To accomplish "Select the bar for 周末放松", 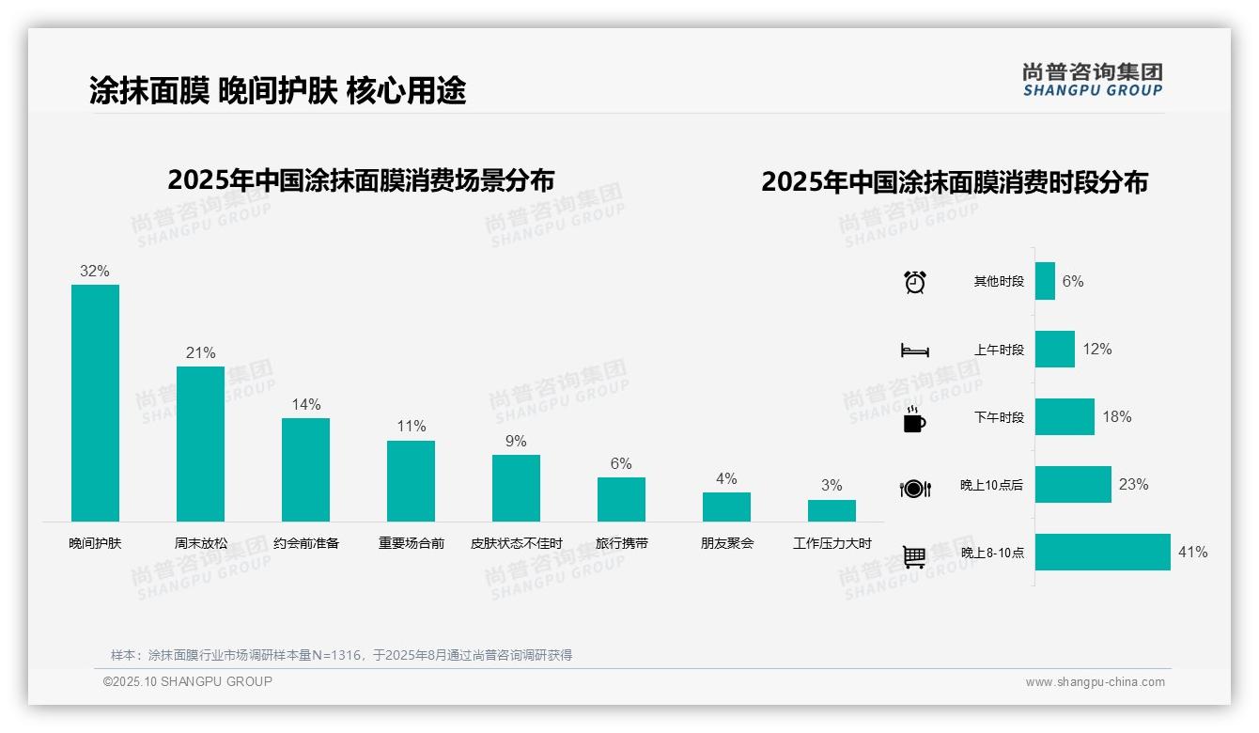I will coord(200,444).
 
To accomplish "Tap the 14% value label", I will coord(305,405).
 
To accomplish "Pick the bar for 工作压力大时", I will coord(832,510).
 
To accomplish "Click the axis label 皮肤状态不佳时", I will coord(516,543).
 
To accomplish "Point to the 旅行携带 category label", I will coord(621,543).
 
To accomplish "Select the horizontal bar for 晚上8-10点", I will coord(1103,553).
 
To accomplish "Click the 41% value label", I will coord(1192,553).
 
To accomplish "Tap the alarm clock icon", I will coord(914,282).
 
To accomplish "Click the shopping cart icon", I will coord(914,556).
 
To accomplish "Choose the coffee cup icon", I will coord(914,419).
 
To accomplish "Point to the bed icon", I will coord(914,351).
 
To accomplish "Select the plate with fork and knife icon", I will coord(914,488).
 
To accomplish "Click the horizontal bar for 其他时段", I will coord(1045,281).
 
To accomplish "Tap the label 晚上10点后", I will coord(991,485).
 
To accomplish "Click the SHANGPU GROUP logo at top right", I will coord(1092,80).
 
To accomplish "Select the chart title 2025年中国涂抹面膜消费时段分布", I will coord(954,182).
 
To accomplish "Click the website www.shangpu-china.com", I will coord(1095,682).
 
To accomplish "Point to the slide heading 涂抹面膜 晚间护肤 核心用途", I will coord(277,90).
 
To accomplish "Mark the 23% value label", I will coord(1133,485).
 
